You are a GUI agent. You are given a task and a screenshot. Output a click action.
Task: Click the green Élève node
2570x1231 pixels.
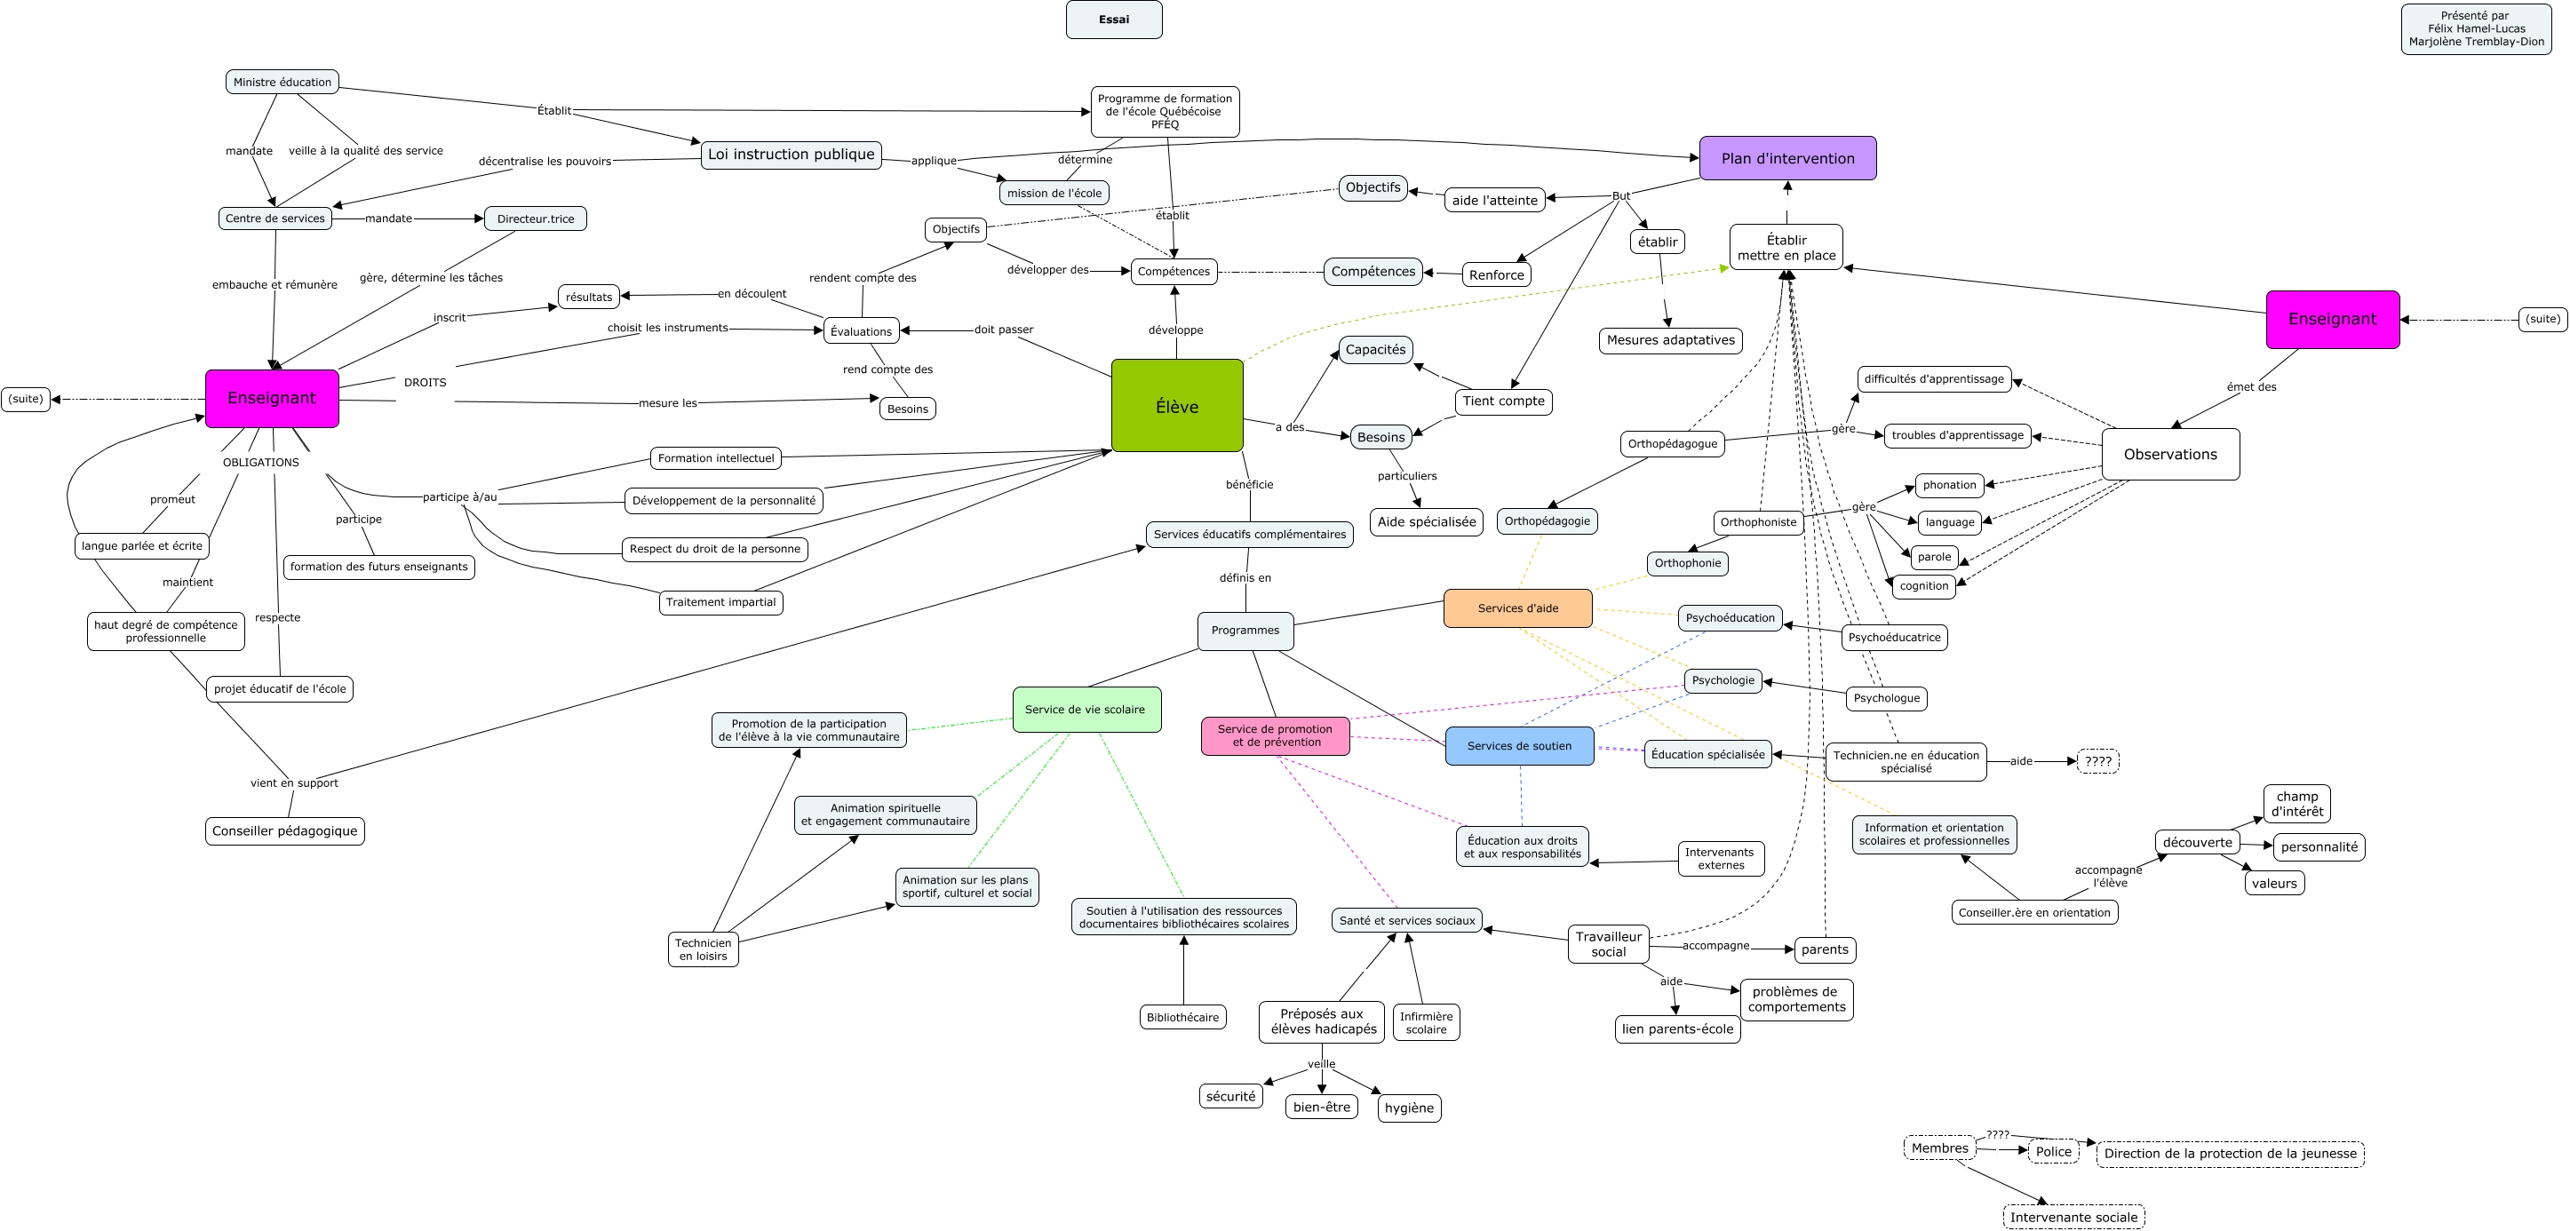(1177, 405)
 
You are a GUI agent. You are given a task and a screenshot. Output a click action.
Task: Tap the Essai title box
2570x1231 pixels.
(1114, 20)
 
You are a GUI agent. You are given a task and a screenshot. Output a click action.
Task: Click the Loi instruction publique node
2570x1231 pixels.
(792, 155)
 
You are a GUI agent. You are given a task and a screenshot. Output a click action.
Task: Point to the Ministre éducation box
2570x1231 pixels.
(282, 82)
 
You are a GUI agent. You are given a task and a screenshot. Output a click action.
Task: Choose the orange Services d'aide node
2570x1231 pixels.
(1518, 608)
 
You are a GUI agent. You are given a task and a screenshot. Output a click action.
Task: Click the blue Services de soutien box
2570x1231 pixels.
(1519, 746)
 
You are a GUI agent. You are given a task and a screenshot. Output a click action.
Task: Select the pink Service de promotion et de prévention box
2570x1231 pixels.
(1275, 736)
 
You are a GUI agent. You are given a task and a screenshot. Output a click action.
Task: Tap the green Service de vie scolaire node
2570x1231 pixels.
(1086, 710)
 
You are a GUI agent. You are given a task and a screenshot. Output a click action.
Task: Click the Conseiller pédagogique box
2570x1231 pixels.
(284, 831)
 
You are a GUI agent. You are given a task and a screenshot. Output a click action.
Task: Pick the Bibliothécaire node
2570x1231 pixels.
(1182, 1018)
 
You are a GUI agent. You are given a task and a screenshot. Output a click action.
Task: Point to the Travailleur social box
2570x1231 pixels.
(1608, 944)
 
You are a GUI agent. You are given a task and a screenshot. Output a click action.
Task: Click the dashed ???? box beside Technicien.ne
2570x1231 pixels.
(2098, 761)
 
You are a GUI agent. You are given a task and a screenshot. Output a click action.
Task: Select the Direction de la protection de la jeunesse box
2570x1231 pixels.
(2230, 1155)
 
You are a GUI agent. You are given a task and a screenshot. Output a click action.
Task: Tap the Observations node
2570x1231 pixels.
(2170, 454)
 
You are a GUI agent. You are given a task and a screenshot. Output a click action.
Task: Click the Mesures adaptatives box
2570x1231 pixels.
(1671, 340)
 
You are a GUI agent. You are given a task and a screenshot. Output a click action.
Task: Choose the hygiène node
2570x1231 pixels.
(1409, 1108)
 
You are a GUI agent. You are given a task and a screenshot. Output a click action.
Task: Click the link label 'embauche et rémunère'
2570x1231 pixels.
(275, 284)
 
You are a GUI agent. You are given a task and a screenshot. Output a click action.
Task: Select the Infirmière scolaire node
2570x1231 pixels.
(1426, 1022)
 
